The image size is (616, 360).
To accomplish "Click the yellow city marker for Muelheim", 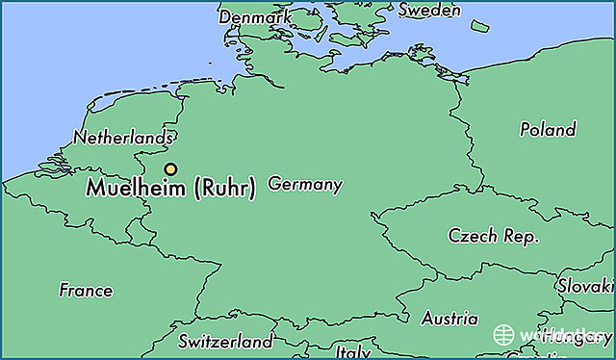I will point(170,169).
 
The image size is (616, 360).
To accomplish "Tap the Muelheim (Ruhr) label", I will point(171,189).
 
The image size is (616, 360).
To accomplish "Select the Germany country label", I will point(305,183).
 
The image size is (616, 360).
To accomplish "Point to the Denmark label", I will point(254,17).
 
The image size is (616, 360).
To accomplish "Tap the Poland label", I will point(548,128).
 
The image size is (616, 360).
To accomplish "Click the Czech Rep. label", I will point(494,236).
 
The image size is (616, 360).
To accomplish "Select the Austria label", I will point(449,318).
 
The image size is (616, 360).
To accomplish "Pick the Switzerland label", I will point(225,342).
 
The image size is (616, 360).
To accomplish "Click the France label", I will point(86,290).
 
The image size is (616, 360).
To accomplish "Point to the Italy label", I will point(353,352).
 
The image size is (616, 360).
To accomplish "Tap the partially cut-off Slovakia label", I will point(585,286).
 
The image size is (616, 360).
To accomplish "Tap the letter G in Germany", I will point(274,183).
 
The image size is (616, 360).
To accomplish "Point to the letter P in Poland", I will point(526,128).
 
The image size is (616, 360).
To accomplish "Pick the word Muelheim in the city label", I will point(138,189).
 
